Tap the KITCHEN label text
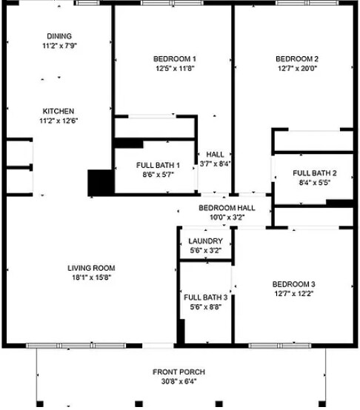coord(58,111)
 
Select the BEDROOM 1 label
coord(175,59)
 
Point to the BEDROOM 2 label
coord(297,59)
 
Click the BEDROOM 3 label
coord(293,284)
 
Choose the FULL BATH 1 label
coord(158,165)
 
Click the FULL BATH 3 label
coord(205,297)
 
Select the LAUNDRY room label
coord(205,241)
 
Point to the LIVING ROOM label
coord(91,268)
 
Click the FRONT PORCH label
coord(179,372)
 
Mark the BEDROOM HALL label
coord(227,209)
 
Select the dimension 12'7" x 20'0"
coord(297,69)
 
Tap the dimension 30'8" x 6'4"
coord(179,381)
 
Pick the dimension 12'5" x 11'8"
coord(175,69)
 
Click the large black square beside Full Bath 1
coord(99,182)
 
